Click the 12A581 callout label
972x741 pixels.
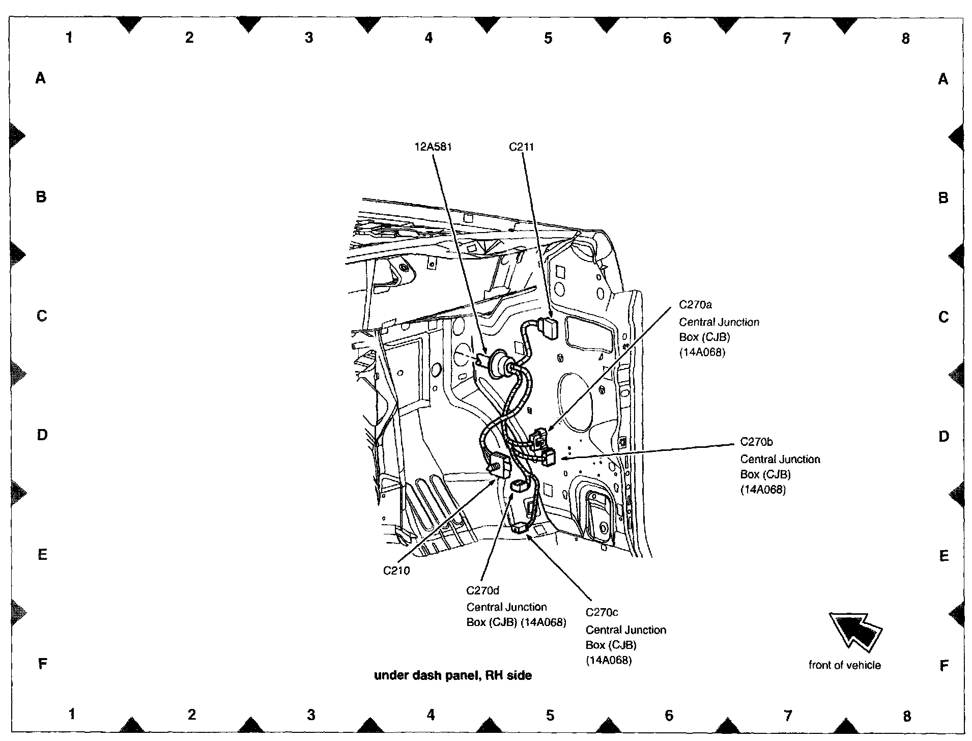433,147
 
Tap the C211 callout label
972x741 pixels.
521,147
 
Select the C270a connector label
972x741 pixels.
695,305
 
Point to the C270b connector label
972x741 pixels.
756,442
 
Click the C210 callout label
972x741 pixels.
396,571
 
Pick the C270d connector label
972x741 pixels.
482,590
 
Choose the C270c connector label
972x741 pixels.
602,612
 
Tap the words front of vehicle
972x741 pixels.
844,665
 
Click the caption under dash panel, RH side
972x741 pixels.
453,675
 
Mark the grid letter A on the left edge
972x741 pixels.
41,78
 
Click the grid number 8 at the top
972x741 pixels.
905,38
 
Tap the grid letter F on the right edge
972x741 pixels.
944,665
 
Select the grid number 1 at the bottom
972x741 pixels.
72,715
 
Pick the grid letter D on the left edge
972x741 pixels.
42,435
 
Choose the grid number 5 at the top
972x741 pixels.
548,38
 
